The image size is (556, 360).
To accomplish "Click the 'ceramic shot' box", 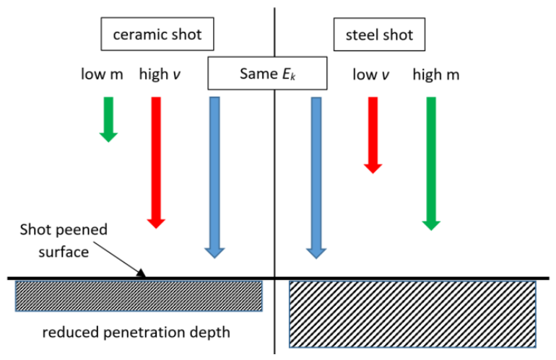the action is pyautogui.click(x=157, y=34).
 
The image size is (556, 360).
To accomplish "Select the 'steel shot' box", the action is pyautogui.click(x=379, y=35).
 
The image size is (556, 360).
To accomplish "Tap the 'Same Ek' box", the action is pyautogui.click(x=267, y=73).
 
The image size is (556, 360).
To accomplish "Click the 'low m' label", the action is pyautogui.click(x=102, y=74).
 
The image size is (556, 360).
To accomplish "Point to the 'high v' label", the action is pyautogui.click(x=160, y=74).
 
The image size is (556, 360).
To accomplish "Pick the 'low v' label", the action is pyautogui.click(x=371, y=75).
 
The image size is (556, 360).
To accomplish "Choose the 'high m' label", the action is pyautogui.click(x=436, y=75).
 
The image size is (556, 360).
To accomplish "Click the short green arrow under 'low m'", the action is pyautogui.click(x=108, y=120).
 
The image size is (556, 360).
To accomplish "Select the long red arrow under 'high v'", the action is pyautogui.click(x=156, y=162).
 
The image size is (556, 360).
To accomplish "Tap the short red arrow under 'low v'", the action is pyautogui.click(x=373, y=135).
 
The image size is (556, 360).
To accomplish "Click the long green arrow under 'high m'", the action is pyautogui.click(x=431, y=164).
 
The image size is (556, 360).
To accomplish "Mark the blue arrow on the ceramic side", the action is pyautogui.click(x=214, y=177).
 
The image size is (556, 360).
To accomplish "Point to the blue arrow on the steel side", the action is pyautogui.click(x=316, y=178).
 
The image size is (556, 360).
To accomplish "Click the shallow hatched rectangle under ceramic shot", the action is pyautogui.click(x=139, y=297).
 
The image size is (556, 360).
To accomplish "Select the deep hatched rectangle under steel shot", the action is pyautogui.click(x=412, y=315).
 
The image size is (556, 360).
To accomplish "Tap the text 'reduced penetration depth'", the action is pyautogui.click(x=136, y=333).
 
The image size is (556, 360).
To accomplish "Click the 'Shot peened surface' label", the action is pyautogui.click(x=64, y=240).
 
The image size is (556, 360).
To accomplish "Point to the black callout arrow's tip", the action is pyautogui.click(x=145, y=277).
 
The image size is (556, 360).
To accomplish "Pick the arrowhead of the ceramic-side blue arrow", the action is pyautogui.click(x=214, y=253).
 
